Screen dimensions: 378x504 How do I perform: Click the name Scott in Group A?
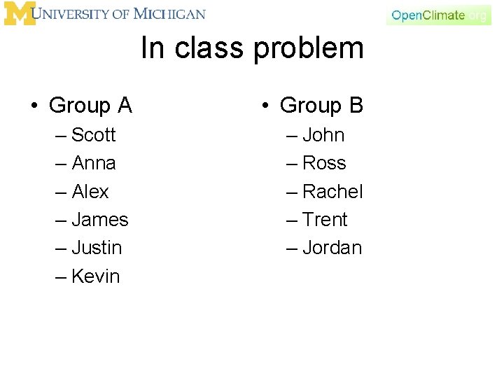click(94, 134)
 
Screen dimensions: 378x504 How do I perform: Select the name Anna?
click(94, 163)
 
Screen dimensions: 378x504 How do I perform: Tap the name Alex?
click(90, 191)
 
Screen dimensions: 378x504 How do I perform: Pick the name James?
click(100, 220)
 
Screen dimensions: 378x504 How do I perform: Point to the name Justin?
click(97, 248)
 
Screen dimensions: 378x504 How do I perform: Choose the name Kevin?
click(96, 276)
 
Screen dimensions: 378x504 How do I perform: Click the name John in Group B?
click(323, 134)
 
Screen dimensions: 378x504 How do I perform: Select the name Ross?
click(324, 163)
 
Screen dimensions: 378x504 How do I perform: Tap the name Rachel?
click(332, 191)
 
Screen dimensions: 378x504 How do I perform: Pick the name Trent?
click(325, 220)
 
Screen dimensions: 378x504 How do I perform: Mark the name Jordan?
click(332, 248)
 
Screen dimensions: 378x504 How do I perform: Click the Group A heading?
click(90, 106)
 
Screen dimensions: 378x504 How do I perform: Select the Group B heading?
click(321, 106)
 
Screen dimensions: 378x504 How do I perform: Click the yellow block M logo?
click(19, 14)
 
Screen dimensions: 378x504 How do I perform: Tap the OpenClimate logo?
click(439, 15)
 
